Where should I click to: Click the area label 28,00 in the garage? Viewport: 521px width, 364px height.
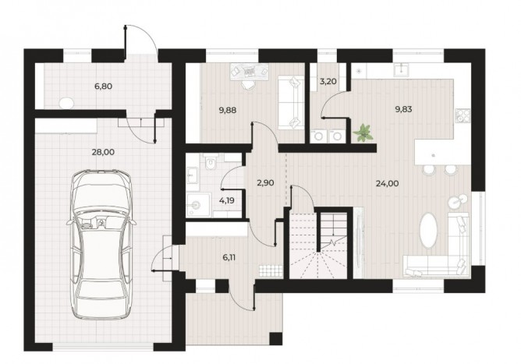[103, 152]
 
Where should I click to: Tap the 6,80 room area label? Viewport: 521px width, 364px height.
[103, 87]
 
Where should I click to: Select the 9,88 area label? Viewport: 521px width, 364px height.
[228, 110]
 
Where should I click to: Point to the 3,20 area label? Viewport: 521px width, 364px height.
[328, 81]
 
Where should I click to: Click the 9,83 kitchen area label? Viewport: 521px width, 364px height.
[403, 109]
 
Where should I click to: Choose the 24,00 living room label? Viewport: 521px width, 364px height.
[388, 183]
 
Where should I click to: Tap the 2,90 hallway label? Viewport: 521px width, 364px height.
[266, 182]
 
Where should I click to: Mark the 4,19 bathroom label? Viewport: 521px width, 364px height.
[227, 200]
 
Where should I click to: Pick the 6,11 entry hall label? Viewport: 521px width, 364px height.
[229, 257]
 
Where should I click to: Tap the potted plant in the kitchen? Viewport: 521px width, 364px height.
[363, 133]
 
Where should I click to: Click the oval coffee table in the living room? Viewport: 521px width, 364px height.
[429, 231]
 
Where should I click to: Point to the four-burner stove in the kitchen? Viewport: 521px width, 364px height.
[463, 116]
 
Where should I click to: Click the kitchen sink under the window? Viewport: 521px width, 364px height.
[402, 69]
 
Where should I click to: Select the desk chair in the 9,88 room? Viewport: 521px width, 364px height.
[247, 84]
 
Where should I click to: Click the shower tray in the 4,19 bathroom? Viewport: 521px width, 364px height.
[198, 205]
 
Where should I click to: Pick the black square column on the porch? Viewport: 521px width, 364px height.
[276, 338]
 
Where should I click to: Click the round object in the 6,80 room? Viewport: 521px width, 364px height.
[66, 103]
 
